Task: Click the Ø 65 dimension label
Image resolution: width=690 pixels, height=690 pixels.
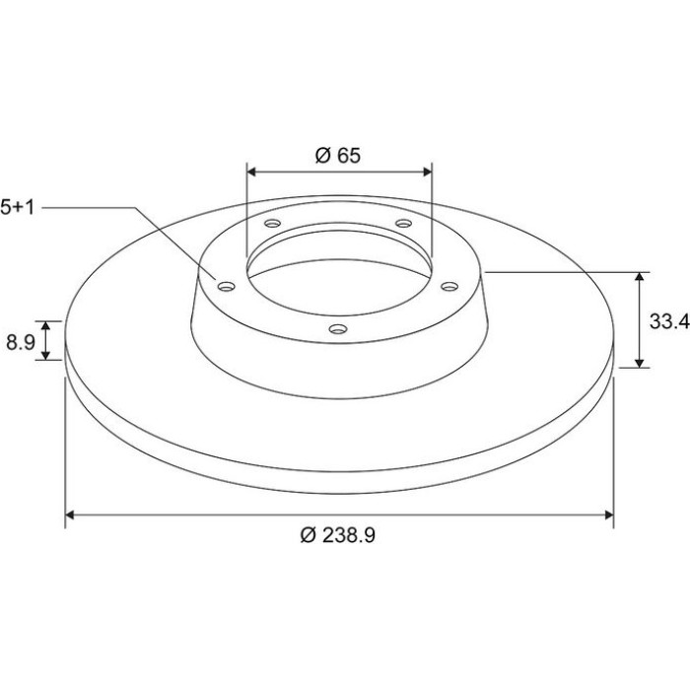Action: (x=338, y=156)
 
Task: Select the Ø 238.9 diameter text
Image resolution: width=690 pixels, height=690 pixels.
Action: (x=338, y=535)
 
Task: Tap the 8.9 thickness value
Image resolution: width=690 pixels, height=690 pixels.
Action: (x=21, y=342)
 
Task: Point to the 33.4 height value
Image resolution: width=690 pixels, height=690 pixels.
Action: (x=669, y=321)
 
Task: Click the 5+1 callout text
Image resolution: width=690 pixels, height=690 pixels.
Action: (x=17, y=207)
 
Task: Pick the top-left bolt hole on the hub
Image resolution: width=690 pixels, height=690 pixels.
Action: (x=272, y=223)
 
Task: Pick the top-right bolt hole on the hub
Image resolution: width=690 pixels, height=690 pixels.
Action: (x=403, y=223)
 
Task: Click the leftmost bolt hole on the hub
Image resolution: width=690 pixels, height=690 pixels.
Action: (x=227, y=287)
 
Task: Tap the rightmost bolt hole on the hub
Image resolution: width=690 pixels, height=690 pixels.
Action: (x=449, y=287)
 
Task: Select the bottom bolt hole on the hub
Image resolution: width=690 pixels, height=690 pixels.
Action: (x=338, y=328)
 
